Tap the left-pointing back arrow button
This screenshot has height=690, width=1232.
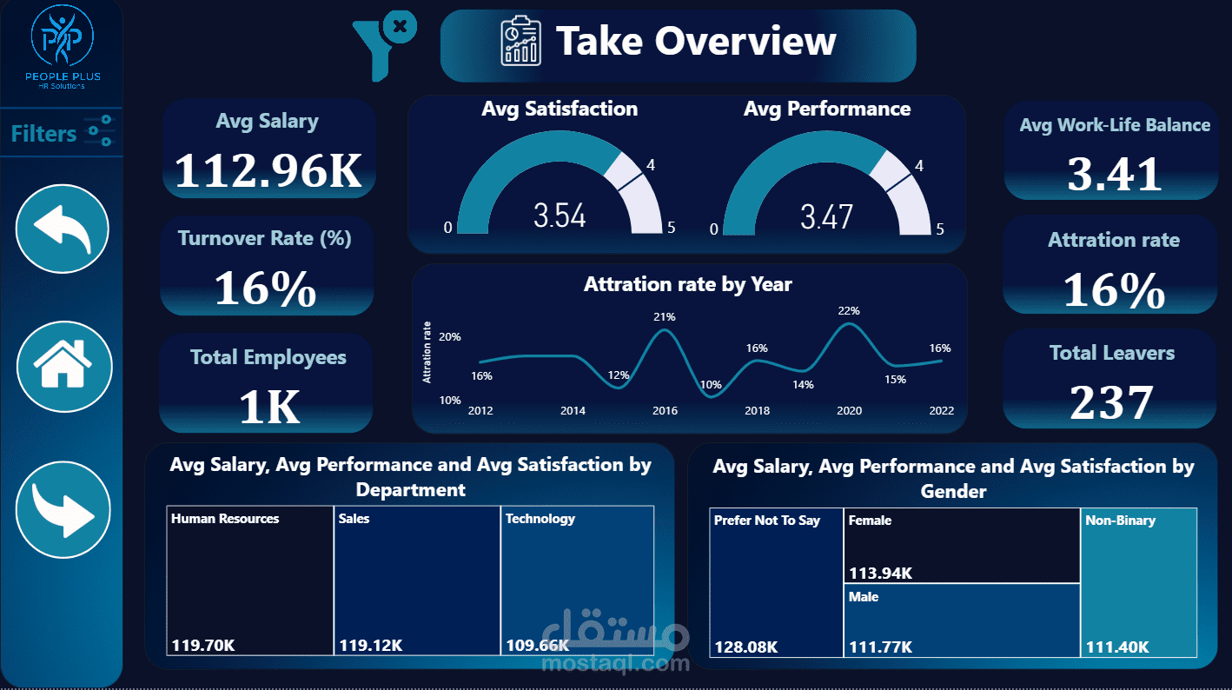[63, 229]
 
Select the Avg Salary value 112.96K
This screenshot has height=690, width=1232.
[268, 170]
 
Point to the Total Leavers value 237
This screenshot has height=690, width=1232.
[1111, 402]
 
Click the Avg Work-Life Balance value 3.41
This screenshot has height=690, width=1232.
[1115, 174]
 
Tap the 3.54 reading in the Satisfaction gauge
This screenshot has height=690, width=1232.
[560, 216]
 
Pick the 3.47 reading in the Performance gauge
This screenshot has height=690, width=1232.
[826, 216]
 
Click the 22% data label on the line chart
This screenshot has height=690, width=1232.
[849, 310]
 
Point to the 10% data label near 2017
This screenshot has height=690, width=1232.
[711, 384]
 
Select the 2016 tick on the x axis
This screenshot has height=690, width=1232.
[665, 410]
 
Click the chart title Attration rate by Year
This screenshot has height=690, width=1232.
[687, 284]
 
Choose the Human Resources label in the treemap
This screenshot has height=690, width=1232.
[225, 519]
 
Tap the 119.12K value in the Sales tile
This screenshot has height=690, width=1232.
[370, 646]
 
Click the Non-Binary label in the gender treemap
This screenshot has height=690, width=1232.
[1120, 521]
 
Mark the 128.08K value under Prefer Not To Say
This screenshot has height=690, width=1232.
[745, 647]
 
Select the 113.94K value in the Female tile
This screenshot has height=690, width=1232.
[880, 573]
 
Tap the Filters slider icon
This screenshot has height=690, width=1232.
[100, 131]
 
